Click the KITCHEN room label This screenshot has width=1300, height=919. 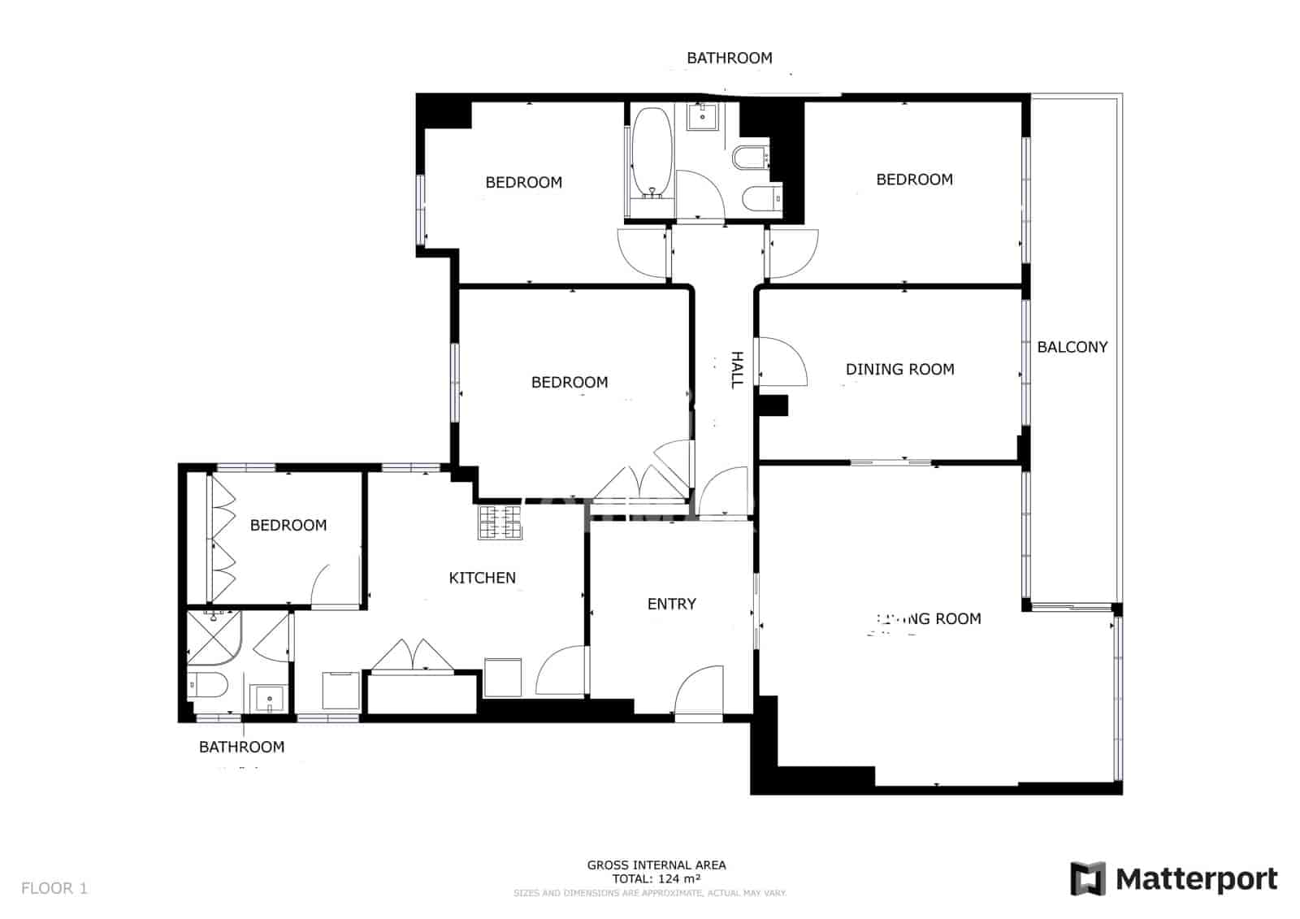pyautogui.click(x=482, y=578)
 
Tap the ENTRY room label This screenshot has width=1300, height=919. pyautogui.click(x=671, y=604)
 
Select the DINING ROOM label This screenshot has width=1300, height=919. pyautogui.click(x=899, y=369)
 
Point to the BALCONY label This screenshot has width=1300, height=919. pyautogui.click(x=1072, y=347)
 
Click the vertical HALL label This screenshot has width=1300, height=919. pyautogui.click(x=737, y=370)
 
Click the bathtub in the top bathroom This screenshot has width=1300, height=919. pyautogui.click(x=652, y=153)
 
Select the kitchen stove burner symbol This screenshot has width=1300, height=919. pyautogui.click(x=500, y=522)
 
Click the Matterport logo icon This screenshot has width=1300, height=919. pyautogui.click(x=1087, y=878)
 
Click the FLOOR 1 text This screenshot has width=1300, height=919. pyautogui.click(x=54, y=888)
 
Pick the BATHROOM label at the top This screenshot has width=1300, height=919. pyautogui.click(x=729, y=58)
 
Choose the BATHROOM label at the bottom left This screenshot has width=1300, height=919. pyautogui.click(x=241, y=747)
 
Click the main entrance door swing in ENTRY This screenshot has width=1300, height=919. pyautogui.click(x=700, y=692)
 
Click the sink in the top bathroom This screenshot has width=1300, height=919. pyautogui.click(x=702, y=116)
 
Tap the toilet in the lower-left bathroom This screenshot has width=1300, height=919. pyautogui.click(x=208, y=685)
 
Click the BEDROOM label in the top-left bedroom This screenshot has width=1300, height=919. pyautogui.click(x=523, y=182)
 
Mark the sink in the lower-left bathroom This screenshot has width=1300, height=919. pyautogui.click(x=268, y=698)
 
